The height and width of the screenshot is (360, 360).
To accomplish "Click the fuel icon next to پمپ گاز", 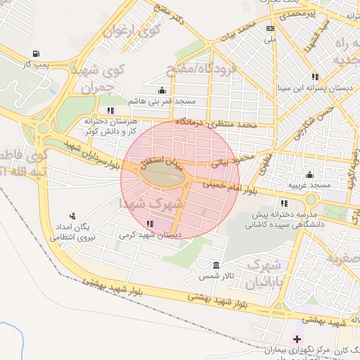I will [37, 53].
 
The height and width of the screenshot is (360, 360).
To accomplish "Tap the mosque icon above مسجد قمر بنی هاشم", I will [163, 90].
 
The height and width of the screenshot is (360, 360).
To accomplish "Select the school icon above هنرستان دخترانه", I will [110, 110].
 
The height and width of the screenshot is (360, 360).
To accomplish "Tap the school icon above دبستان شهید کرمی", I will [149, 224].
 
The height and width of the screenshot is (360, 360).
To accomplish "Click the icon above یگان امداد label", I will [72, 216].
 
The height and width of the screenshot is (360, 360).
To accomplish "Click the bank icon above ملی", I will [270, 29].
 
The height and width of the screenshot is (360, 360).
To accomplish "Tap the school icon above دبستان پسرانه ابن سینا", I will [315, 77].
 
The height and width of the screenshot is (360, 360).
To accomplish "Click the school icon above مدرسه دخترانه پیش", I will [284, 203].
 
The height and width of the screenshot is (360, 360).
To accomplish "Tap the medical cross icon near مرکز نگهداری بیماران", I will [297, 339].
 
